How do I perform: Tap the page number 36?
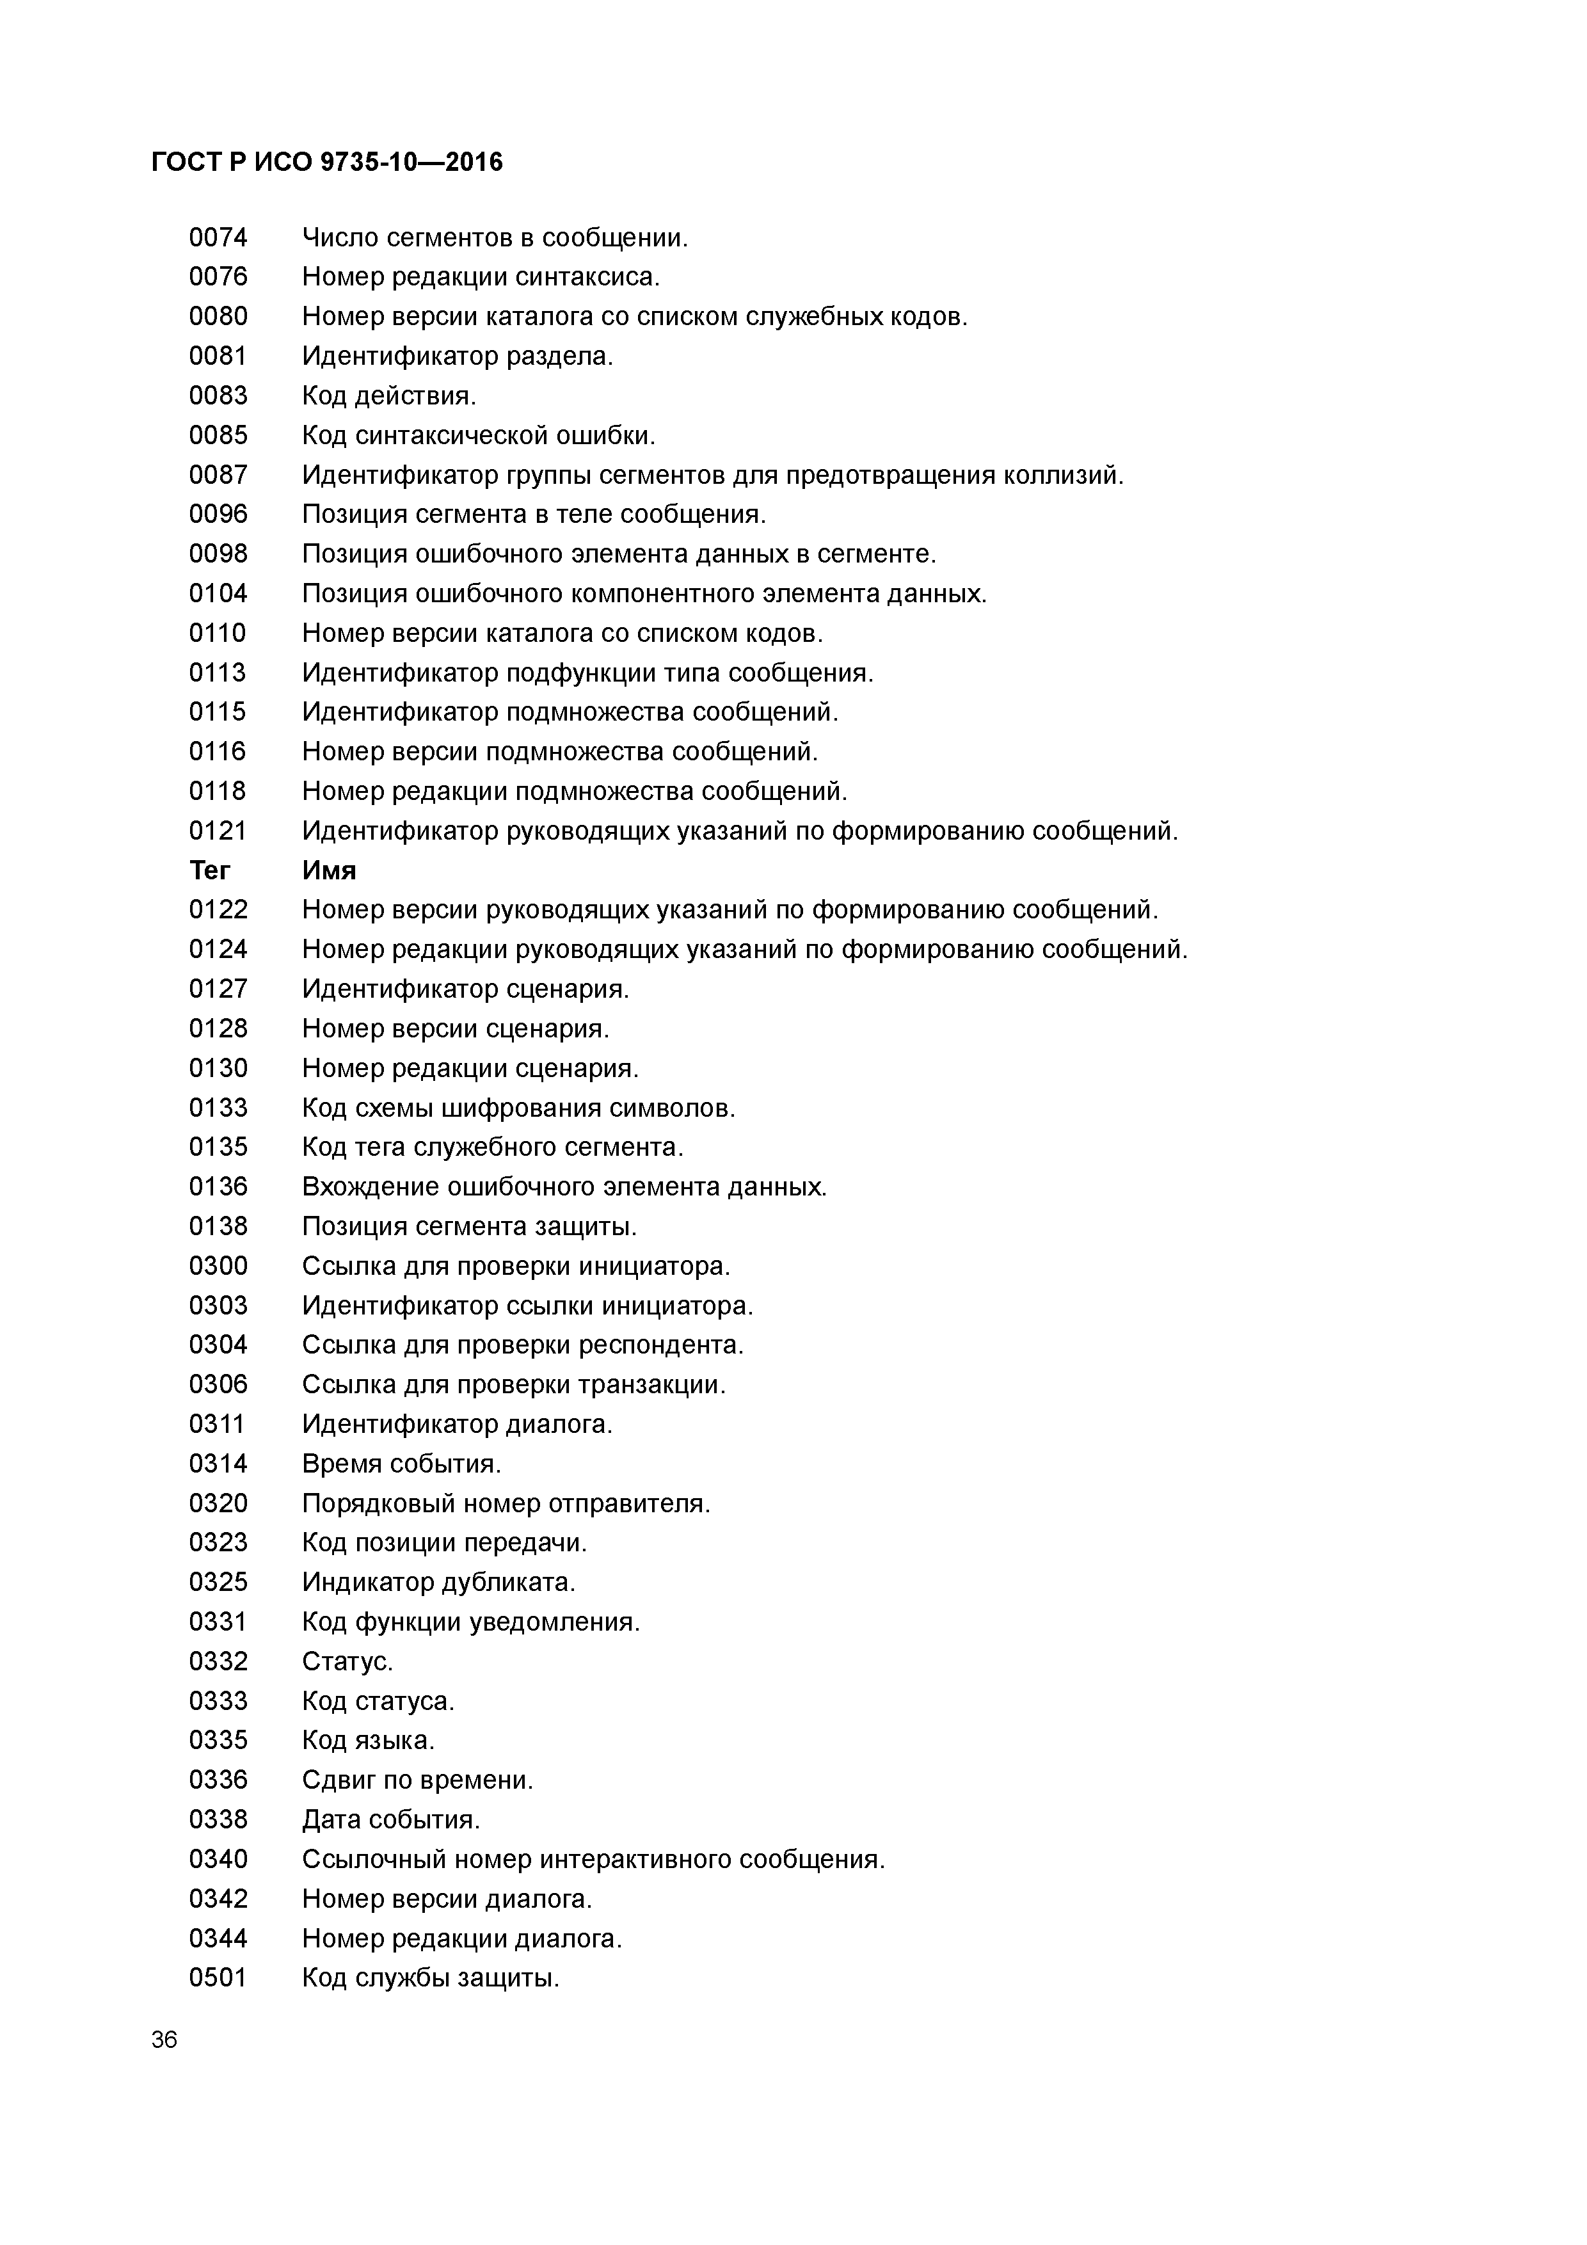pos(164,2040)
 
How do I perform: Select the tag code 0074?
pos(218,237)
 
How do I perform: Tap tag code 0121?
pos(218,831)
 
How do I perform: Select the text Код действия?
pos(388,396)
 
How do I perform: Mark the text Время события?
pos(401,1464)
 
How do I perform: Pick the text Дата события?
pos(391,1819)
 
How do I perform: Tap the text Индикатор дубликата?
pos(438,1582)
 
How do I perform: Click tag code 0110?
pos(218,634)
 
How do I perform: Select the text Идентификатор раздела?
pos(457,356)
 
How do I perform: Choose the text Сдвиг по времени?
pos(417,1780)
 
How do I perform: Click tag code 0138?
pos(218,1226)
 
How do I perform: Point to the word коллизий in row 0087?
pos(1068,475)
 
